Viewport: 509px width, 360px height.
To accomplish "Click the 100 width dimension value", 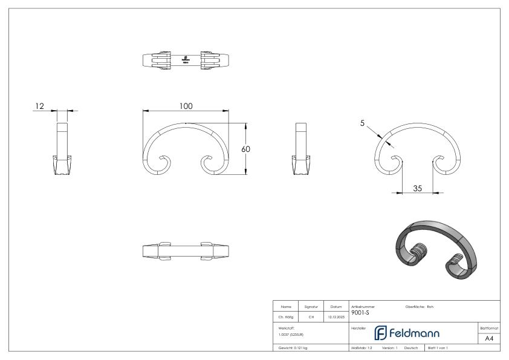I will click(186, 106).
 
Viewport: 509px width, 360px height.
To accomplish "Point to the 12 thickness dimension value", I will click(39, 106).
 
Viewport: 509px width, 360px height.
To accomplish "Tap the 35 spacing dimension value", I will click(417, 188).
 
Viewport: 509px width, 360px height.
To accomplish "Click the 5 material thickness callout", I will click(363, 123).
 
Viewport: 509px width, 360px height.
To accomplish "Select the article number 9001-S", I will click(360, 313).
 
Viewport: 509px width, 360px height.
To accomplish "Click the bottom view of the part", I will click(186, 251).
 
